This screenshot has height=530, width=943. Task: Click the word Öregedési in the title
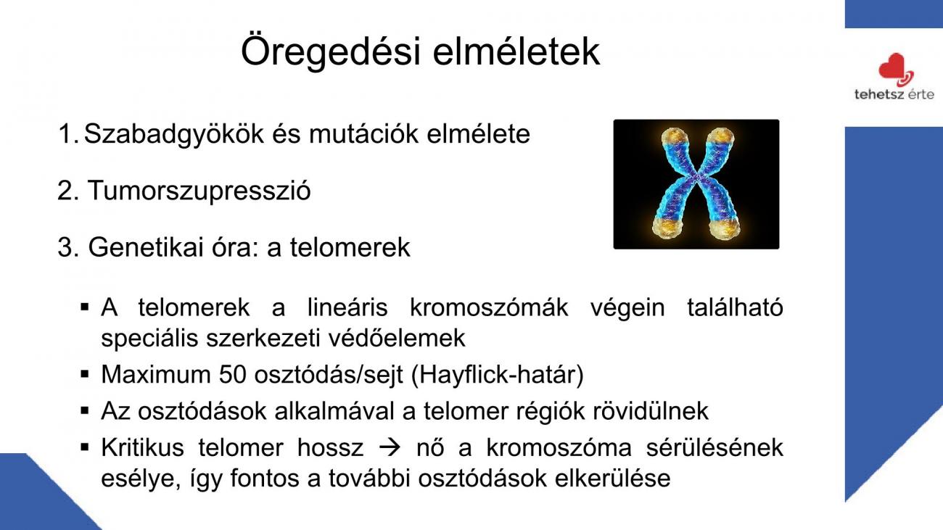tap(331, 51)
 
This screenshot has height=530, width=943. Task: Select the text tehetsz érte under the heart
tap(894, 94)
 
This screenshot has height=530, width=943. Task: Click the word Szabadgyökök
tap(173, 136)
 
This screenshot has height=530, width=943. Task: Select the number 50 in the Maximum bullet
tap(232, 374)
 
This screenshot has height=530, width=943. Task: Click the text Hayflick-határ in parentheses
tap(497, 375)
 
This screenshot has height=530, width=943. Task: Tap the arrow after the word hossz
tap(390, 447)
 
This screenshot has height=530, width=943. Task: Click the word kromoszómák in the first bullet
tap(489, 307)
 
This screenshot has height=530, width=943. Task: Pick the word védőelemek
tap(397, 338)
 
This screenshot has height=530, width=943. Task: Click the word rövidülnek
tap(651, 410)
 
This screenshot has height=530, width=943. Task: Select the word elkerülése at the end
tap(612, 479)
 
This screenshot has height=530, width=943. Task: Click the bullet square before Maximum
tap(85, 374)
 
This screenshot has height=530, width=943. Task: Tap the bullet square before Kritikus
tap(85, 447)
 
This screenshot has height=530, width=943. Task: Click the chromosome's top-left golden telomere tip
tap(674, 136)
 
